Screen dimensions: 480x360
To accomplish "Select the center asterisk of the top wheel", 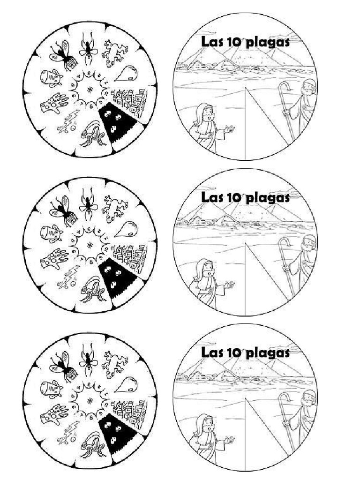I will pos(89,88).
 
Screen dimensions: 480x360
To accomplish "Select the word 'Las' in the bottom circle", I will pos(211,352).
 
